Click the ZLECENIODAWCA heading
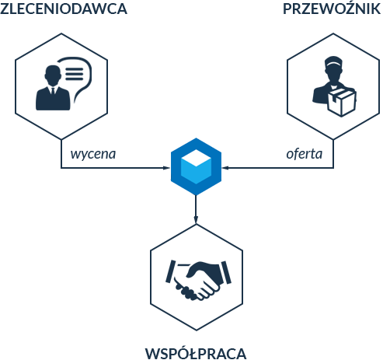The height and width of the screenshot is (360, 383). coord(64,9)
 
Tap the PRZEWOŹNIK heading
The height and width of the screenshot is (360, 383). coord(332,8)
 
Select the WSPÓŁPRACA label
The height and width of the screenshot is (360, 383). coord(196,353)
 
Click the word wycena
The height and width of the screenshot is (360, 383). coord(93,155)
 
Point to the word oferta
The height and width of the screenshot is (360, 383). coord(305,154)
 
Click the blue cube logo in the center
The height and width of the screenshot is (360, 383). coord(196,166)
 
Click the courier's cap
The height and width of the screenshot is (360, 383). coord(333,61)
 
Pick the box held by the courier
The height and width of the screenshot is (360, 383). coord(342,103)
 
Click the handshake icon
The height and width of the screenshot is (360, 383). coord(198,280)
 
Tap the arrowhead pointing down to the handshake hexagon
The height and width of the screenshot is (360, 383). coord(196,219)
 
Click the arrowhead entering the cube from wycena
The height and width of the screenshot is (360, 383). coord(166,168)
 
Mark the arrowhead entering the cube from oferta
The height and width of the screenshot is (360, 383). coord(226,168)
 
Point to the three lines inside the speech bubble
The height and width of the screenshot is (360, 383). coord(75,74)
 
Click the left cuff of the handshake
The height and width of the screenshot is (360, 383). coord(170,271)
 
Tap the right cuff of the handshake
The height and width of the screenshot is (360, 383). coord(227,272)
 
